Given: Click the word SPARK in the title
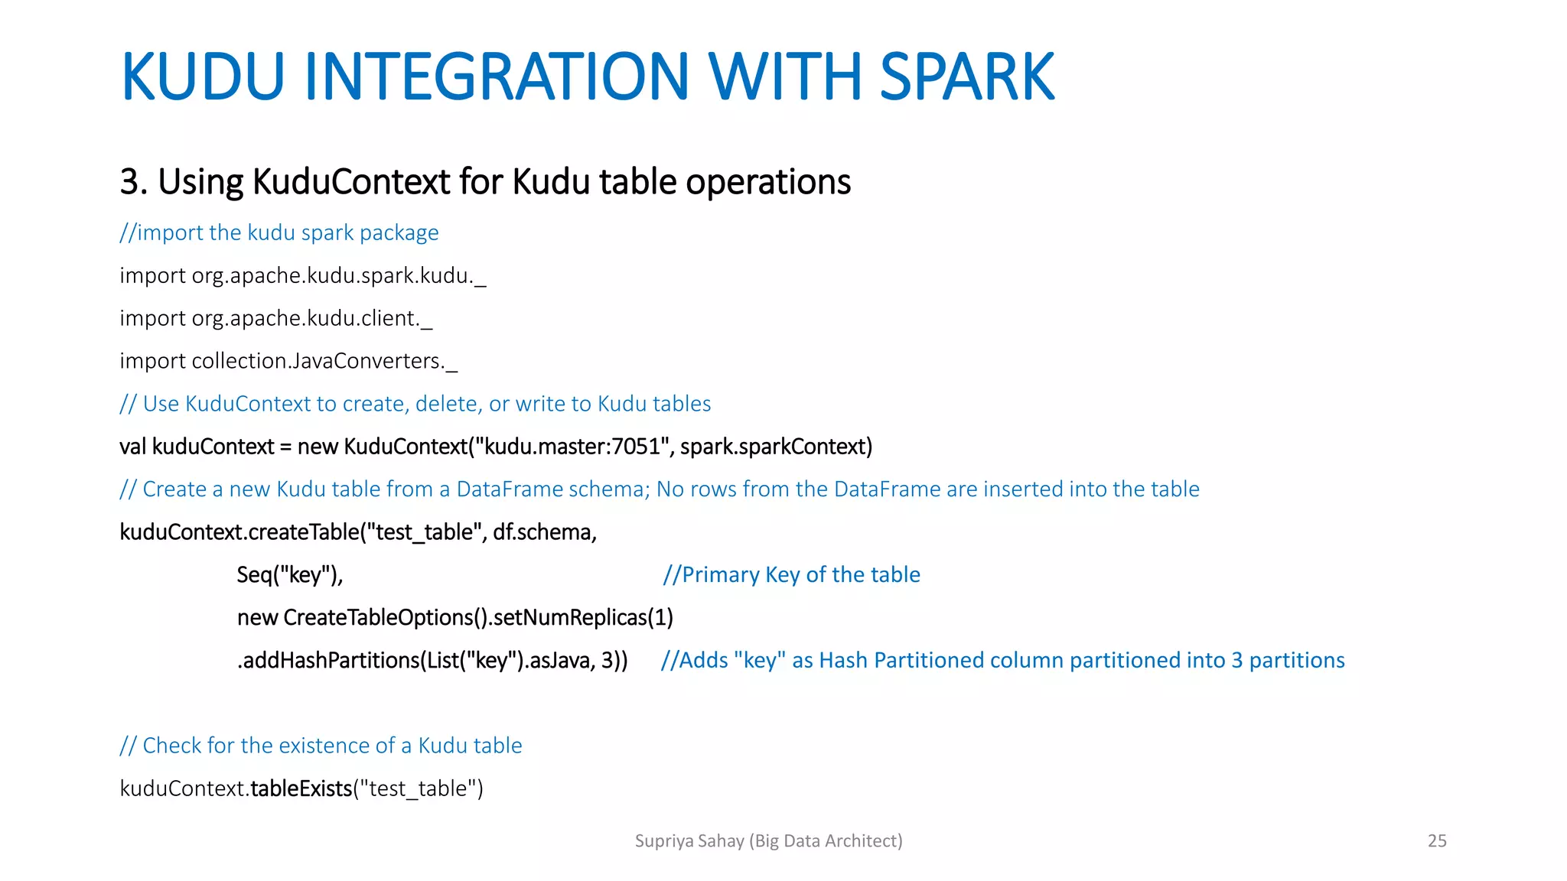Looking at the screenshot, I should [x=966, y=76].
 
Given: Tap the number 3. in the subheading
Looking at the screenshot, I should [x=133, y=182].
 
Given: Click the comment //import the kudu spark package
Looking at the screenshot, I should [x=279, y=232].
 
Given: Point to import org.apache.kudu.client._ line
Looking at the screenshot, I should [x=275, y=318].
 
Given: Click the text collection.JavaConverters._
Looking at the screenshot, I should [x=324, y=361].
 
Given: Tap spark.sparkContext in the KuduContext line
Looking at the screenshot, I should [x=774, y=447].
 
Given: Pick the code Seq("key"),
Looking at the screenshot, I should [x=290, y=575].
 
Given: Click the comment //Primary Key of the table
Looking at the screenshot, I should [x=791, y=575].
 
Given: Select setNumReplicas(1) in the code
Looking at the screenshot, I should [x=583, y=618].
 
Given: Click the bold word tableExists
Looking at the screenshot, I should [x=301, y=788].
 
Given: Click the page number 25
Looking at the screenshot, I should [x=1437, y=841].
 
